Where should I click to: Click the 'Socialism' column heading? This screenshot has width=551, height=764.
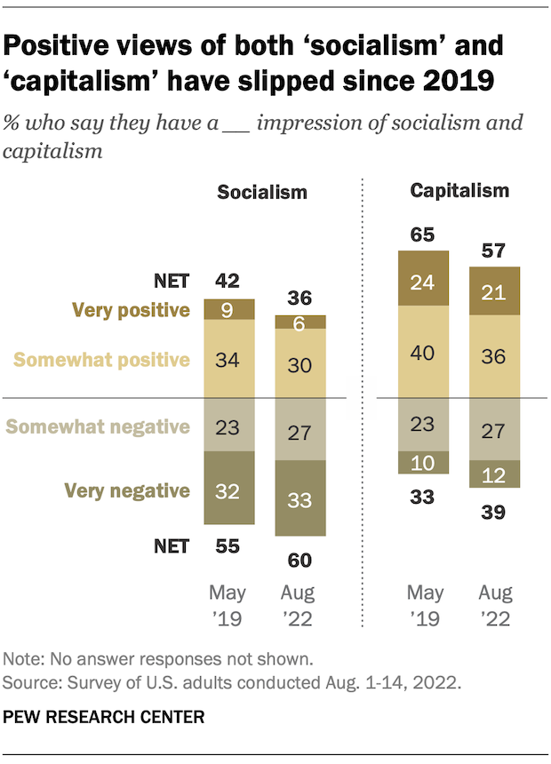(x=264, y=192)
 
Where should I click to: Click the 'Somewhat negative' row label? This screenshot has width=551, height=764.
(x=100, y=427)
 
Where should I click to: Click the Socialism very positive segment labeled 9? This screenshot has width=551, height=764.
(x=229, y=310)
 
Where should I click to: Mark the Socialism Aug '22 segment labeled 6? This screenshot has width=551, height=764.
(x=299, y=322)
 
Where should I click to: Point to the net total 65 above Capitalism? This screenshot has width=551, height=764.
(x=422, y=235)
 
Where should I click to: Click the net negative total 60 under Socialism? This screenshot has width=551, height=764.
(x=299, y=560)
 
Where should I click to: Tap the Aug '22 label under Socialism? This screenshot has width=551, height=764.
(x=299, y=606)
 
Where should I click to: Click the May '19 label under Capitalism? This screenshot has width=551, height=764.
(x=422, y=606)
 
